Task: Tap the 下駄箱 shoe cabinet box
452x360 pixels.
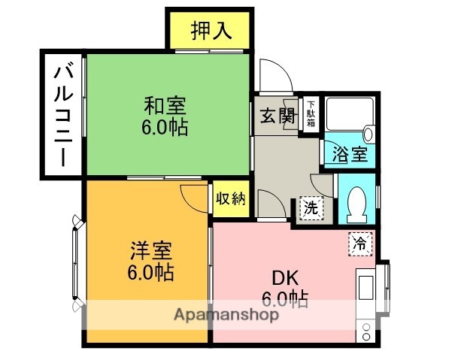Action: pos(311,115)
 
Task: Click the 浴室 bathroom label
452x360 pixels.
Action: pos(350,155)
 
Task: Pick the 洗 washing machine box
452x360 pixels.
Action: pos(311,207)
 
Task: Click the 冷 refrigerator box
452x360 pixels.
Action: pos(360,243)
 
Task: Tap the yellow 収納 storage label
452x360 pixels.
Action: pos(231,199)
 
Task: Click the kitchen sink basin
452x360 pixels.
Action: pos(365,289)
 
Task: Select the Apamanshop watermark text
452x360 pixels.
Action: pos(226,314)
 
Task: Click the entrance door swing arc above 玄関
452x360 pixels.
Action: pos(275,75)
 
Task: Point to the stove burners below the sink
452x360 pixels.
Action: pos(366,331)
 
